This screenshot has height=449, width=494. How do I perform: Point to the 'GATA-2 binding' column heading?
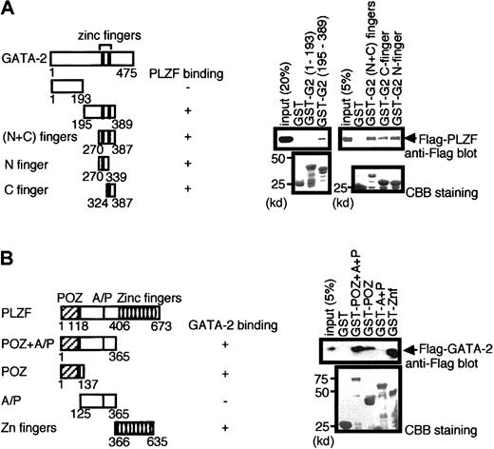[x=219, y=324]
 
